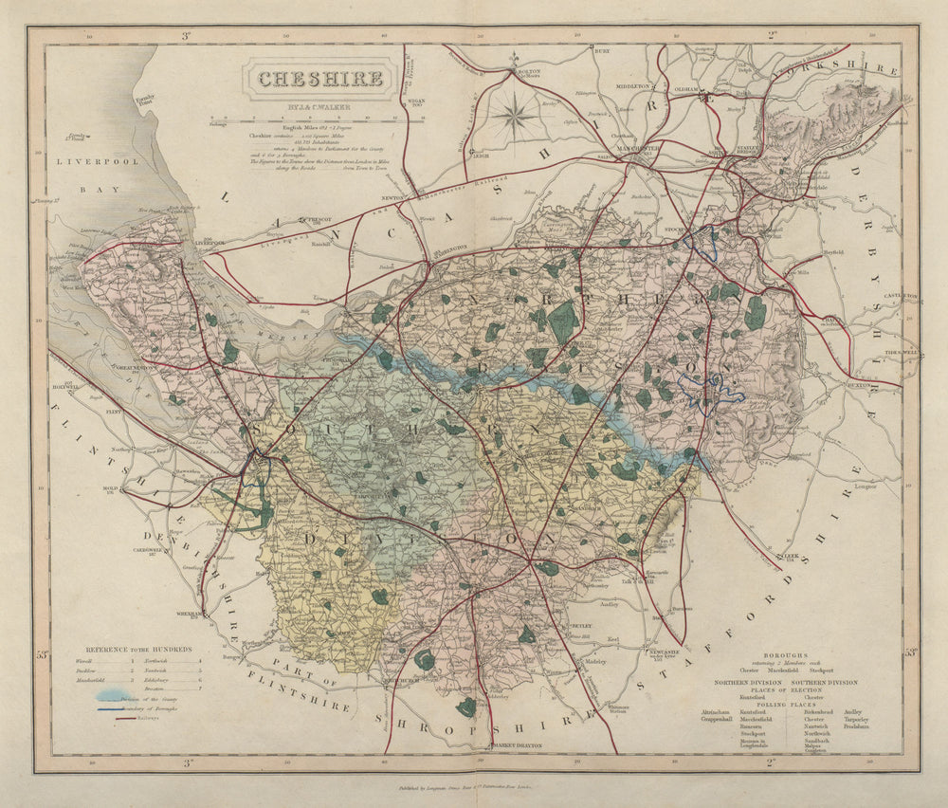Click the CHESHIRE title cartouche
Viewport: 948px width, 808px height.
(319, 80)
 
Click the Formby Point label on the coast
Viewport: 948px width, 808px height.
(144, 99)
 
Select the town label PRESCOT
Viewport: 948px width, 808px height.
(322, 219)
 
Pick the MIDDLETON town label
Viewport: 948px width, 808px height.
(633, 86)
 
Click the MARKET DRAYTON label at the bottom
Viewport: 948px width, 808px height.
(516, 746)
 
